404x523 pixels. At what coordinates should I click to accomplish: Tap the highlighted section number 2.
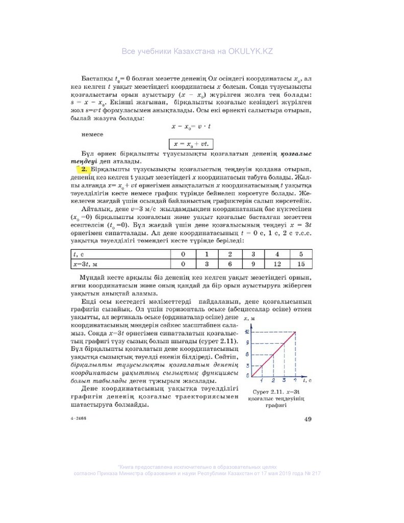click(84, 169)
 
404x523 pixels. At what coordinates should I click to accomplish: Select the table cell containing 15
click(300, 264)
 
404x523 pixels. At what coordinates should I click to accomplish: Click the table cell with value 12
click(277, 264)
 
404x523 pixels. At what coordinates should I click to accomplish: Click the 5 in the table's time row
click(300, 254)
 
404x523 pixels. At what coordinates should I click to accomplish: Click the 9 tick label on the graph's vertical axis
click(247, 343)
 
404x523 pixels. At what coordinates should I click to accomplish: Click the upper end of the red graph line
click(296, 332)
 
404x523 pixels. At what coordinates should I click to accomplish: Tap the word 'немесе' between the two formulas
click(92, 134)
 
